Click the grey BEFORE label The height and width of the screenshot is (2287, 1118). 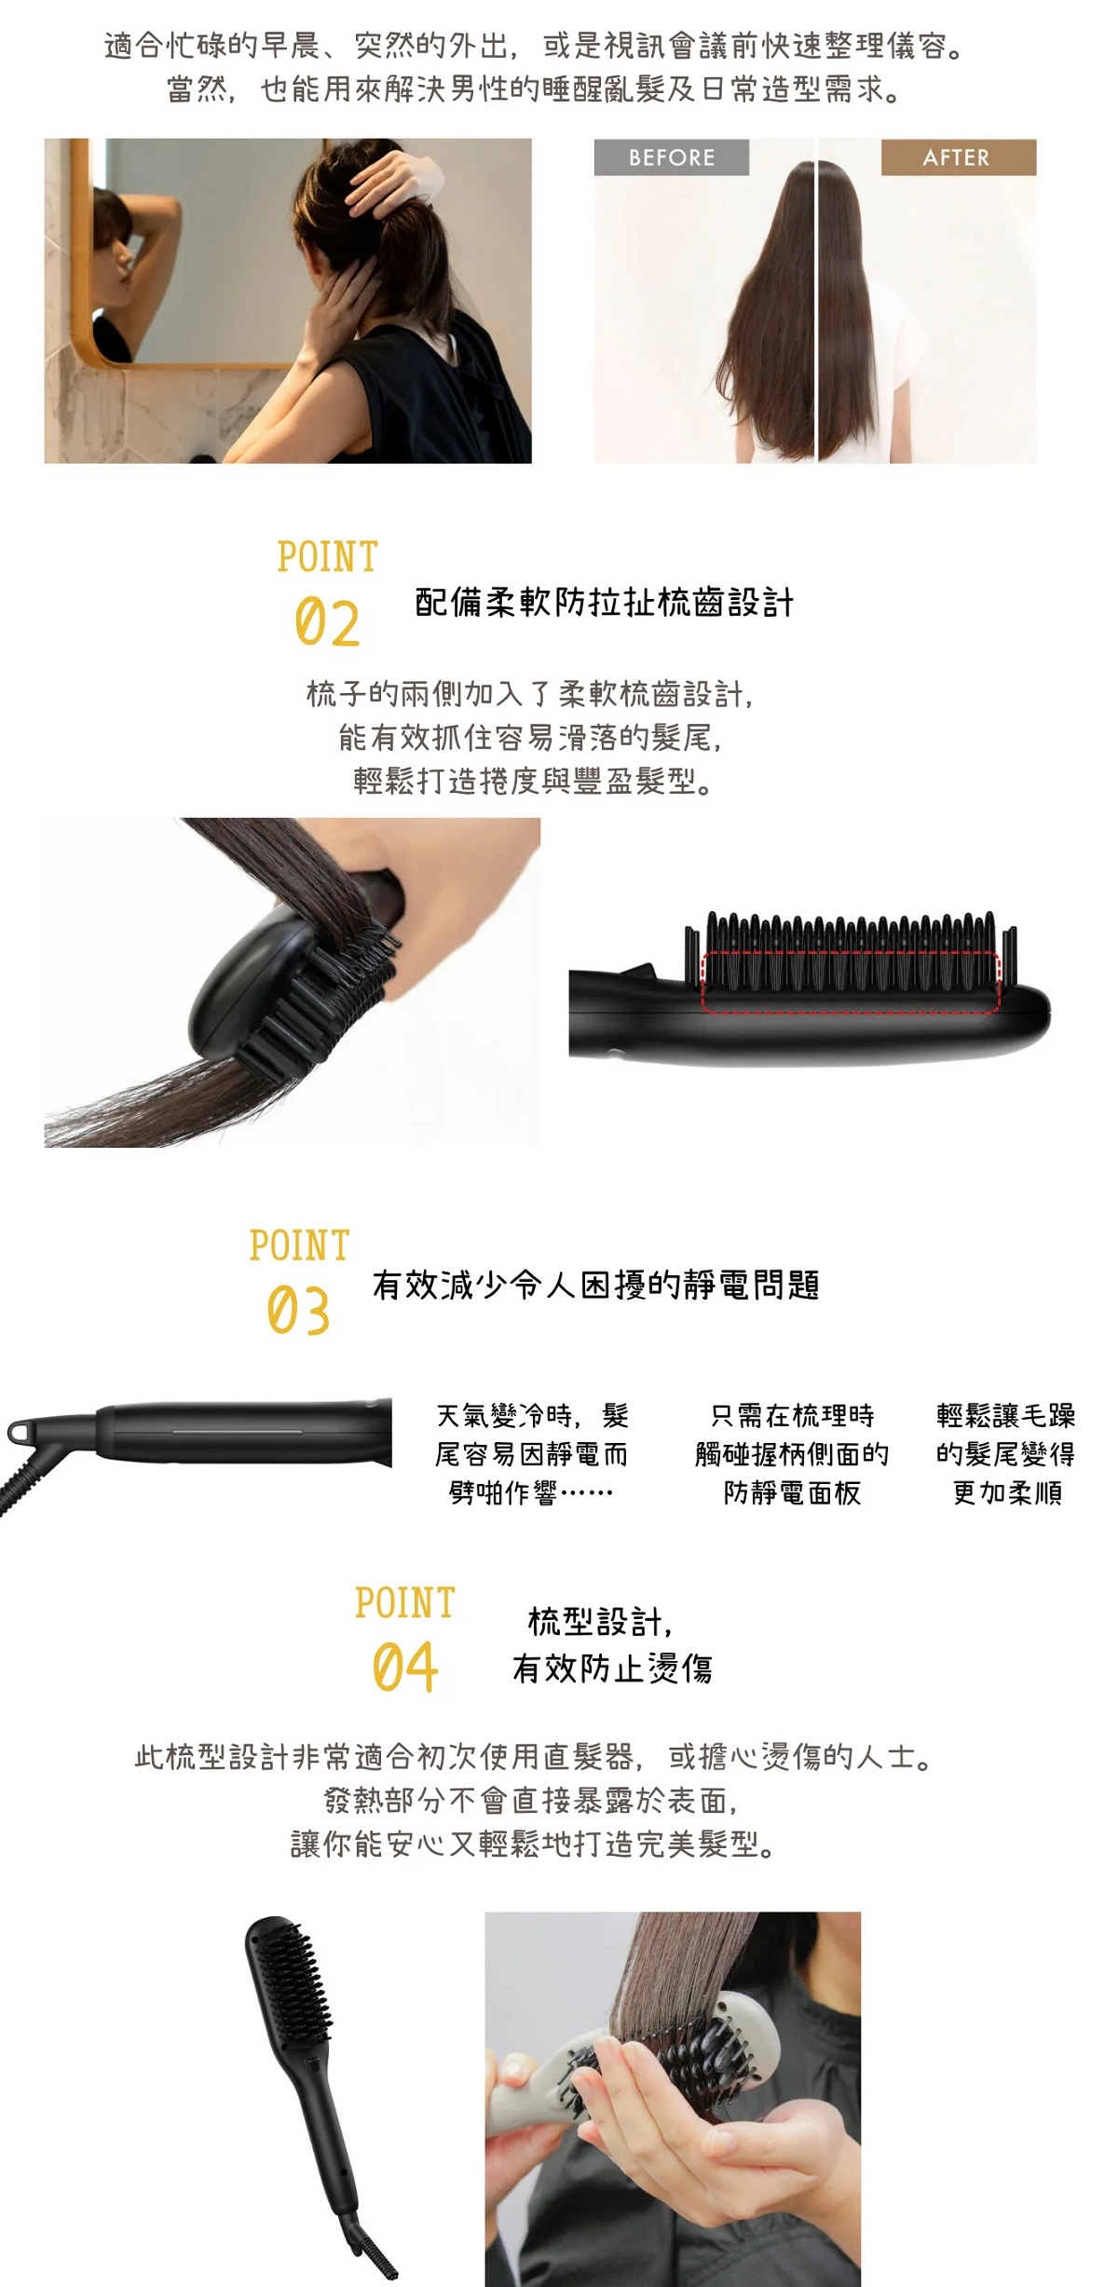[671, 157]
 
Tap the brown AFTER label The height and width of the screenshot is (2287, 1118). [958, 157]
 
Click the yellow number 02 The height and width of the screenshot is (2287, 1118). [327, 623]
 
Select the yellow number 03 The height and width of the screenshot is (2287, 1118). [298, 1311]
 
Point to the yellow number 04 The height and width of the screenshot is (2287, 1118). [404, 1668]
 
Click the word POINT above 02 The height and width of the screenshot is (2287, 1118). [327, 557]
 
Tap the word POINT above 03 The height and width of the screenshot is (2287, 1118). [299, 1246]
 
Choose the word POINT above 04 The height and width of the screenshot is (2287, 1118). [404, 1603]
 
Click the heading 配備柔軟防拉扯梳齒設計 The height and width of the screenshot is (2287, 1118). [604, 603]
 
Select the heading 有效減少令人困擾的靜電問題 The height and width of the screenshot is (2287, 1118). [596, 1285]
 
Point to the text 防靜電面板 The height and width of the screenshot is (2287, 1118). [792, 1493]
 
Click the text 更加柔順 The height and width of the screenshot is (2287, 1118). [1007, 1493]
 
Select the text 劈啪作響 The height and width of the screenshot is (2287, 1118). [502, 1493]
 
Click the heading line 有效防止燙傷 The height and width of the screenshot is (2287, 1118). [612, 1668]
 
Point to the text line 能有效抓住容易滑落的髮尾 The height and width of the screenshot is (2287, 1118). [530, 738]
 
